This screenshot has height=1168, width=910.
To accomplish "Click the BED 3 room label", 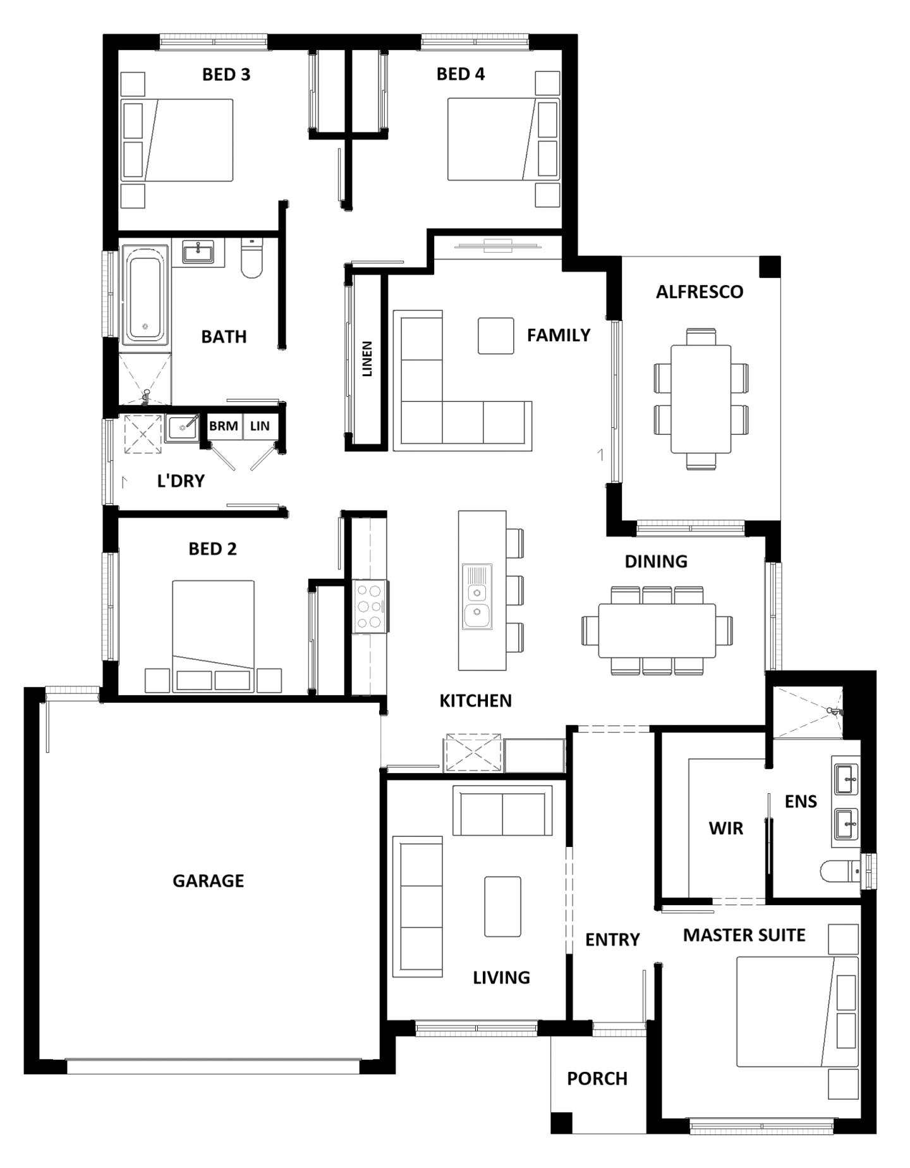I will (226, 75).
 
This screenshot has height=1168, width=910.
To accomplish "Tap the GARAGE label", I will (208, 880).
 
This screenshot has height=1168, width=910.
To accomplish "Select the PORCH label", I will (597, 1078).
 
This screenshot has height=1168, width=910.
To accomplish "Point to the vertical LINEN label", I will (367, 359).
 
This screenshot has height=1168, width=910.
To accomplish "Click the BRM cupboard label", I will (223, 426).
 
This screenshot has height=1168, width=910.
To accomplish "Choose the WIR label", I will (725, 828).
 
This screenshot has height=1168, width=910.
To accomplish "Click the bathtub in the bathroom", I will (145, 295).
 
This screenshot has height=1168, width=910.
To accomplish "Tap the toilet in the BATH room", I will (252, 260).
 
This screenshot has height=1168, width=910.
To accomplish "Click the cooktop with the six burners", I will (370, 607).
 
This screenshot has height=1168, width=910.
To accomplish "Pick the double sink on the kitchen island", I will (476, 597).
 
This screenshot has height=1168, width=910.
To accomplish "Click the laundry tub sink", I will (182, 429).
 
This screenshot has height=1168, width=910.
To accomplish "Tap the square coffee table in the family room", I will (495, 336).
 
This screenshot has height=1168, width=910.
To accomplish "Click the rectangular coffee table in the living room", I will (502, 906).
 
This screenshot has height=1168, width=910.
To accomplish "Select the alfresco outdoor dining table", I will (700, 399).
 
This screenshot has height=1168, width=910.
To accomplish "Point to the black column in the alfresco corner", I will (769, 267).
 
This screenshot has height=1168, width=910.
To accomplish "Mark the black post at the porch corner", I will (561, 1122).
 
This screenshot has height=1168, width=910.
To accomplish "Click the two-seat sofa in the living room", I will (502, 812).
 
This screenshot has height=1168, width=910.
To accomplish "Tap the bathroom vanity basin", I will (198, 252).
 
